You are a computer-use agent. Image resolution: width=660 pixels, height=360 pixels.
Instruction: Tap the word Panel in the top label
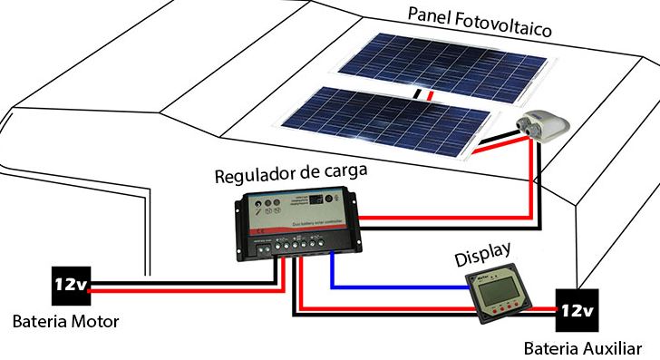(430, 16)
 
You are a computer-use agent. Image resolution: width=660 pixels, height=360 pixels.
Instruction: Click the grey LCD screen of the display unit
(496, 296)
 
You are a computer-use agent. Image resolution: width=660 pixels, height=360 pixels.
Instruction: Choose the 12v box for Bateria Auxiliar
(576, 310)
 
